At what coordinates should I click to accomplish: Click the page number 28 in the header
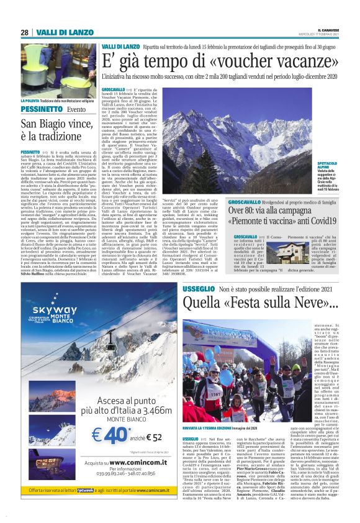tap(24, 32)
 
